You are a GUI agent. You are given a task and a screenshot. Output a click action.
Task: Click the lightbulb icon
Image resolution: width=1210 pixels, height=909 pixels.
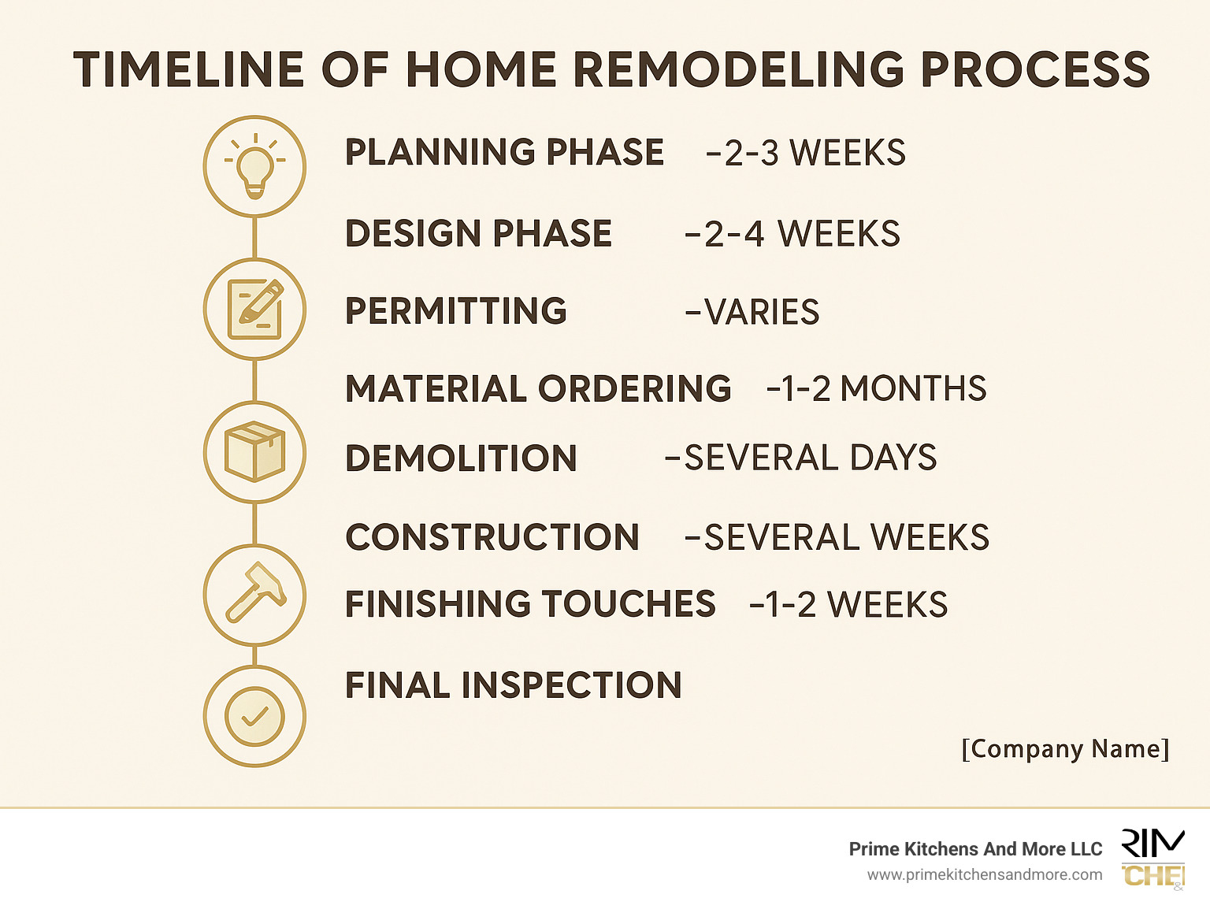pyautogui.click(x=254, y=166)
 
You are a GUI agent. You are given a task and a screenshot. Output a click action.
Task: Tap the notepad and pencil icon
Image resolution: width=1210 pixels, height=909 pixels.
pyautogui.click(x=254, y=309)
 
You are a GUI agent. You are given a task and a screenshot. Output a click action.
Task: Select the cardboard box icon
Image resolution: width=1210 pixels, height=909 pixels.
pyautogui.click(x=254, y=452)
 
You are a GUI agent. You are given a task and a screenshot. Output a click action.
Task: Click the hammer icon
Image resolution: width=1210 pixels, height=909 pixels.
pyautogui.click(x=254, y=595)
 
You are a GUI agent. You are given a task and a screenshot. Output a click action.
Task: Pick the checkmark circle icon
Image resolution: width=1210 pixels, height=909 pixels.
pyautogui.click(x=254, y=716)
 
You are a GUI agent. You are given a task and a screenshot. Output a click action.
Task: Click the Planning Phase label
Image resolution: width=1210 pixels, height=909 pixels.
pyautogui.click(x=504, y=153)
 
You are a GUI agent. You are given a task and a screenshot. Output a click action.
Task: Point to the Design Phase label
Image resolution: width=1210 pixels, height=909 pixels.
pyautogui.click(x=478, y=234)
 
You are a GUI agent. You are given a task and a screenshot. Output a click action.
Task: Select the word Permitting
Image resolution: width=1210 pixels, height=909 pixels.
pyautogui.click(x=455, y=311)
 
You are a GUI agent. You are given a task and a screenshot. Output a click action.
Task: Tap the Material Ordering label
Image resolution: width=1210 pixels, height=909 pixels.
pyautogui.click(x=538, y=388)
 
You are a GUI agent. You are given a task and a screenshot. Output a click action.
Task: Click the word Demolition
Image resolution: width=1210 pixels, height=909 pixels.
pyautogui.click(x=461, y=458)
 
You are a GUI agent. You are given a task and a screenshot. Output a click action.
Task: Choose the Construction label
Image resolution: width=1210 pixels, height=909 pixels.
pyautogui.click(x=492, y=537)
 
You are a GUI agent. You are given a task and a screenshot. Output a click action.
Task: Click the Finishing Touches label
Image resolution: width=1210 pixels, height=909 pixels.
pyautogui.click(x=530, y=604)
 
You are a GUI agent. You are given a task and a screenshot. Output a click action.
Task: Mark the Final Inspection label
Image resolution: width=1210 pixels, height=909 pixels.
pyautogui.click(x=513, y=685)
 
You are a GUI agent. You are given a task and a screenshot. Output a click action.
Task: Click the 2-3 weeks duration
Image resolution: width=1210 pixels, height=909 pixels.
pyautogui.click(x=806, y=153)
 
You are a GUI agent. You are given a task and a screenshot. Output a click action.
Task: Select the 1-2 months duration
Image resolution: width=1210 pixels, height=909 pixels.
pyautogui.click(x=876, y=388)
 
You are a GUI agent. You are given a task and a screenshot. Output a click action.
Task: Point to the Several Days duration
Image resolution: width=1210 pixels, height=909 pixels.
pyautogui.click(x=801, y=458)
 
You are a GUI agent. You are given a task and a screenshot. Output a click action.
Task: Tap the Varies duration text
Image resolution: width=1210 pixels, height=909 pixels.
pyautogui.click(x=752, y=312)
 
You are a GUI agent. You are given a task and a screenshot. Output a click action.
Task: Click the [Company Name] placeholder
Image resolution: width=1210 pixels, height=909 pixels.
pyautogui.click(x=1065, y=748)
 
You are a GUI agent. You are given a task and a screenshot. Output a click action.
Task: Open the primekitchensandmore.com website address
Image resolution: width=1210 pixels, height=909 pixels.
pyautogui.click(x=985, y=875)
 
